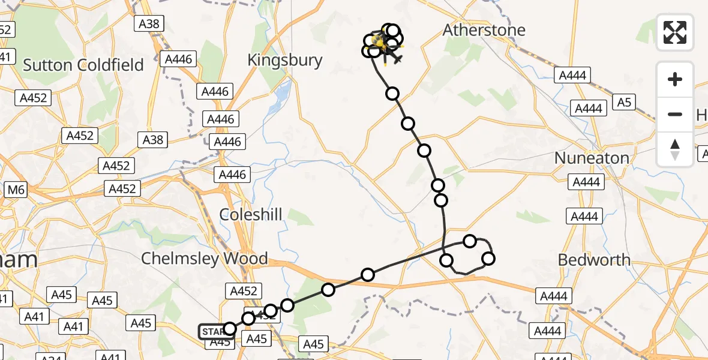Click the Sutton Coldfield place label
coord(83,65)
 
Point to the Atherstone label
coord(484,30)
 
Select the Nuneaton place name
coord(592,158)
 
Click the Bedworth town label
coord(594,260)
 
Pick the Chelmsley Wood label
coord(204,259)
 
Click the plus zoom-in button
coord(675,79)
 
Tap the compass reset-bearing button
coord(675,149)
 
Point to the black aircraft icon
coord(394,58)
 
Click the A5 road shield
coord(624,103)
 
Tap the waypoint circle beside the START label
coord(230,328)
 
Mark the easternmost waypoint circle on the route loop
coord(488,259)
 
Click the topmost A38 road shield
coord(148,24)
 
